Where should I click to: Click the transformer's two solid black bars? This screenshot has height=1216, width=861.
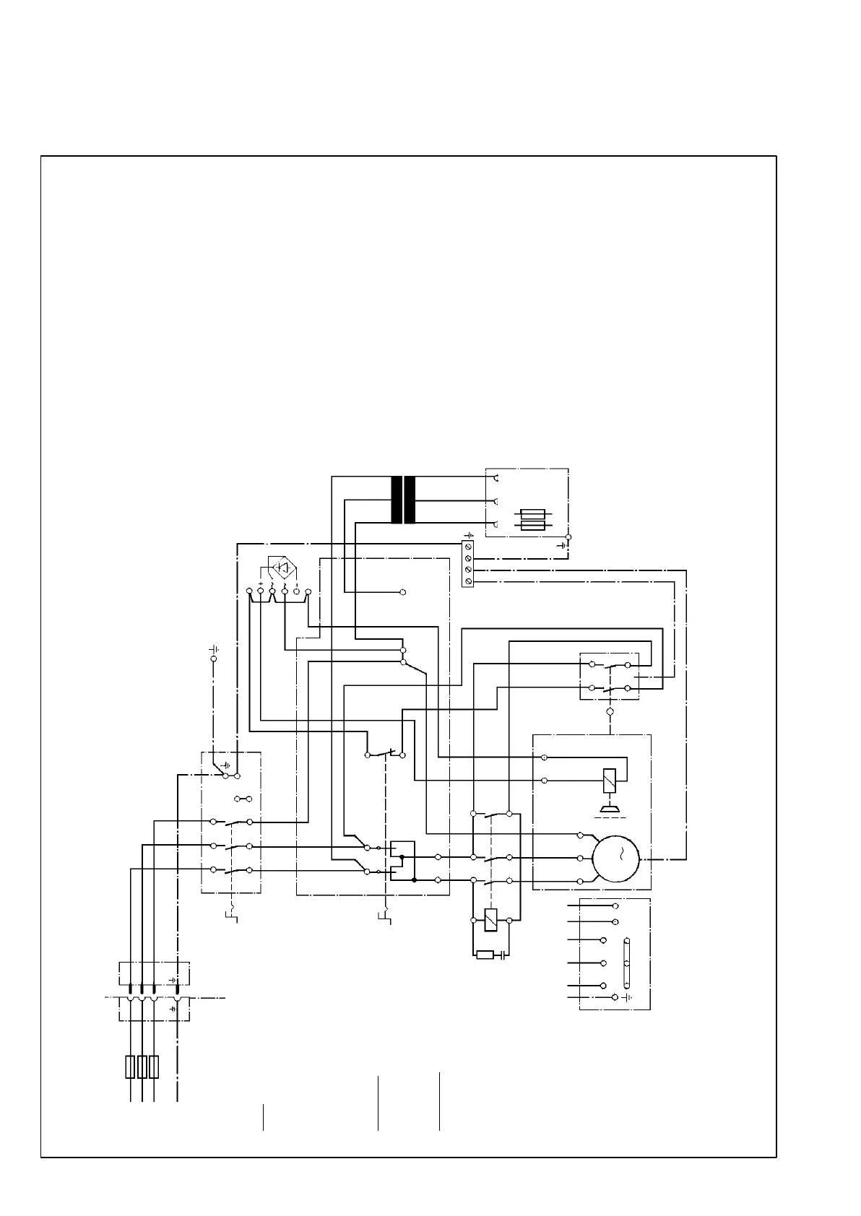click(403, 500)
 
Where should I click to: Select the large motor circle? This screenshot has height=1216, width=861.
click(615, 859)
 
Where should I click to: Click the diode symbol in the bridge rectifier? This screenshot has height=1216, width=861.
click(283, 568)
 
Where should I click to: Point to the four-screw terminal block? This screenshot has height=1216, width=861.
click(468, 564)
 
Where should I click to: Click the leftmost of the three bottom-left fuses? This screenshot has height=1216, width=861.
click(130, 1067)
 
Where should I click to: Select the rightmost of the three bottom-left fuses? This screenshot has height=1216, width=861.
click(154, 1067)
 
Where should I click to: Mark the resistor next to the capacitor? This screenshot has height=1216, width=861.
click(485, 955)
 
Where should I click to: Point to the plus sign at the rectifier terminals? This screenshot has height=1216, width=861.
click(260, 583)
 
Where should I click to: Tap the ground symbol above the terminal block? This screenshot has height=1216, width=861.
click(468, 535)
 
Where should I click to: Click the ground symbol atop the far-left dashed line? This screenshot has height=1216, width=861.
click(214, 649)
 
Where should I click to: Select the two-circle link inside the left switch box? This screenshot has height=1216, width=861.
click(243, 799)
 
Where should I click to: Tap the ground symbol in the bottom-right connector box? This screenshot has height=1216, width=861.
click(626, 997)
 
